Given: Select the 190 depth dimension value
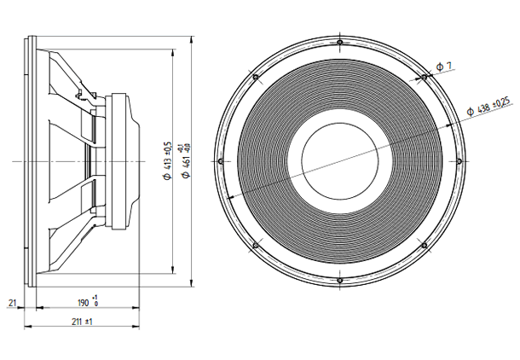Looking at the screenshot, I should (84, 303).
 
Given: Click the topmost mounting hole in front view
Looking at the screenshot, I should (340, 42).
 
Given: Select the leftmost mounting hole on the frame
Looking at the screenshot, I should (222, 160).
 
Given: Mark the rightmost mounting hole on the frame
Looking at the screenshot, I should (459, 160).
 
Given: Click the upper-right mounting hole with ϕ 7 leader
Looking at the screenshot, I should (424, 77).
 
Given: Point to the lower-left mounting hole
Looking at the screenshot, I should (257, 244).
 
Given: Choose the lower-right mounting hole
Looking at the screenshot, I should (424, 244).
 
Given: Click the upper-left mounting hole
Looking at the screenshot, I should (257, 77).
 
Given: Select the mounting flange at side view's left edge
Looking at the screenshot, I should (31, 160).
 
